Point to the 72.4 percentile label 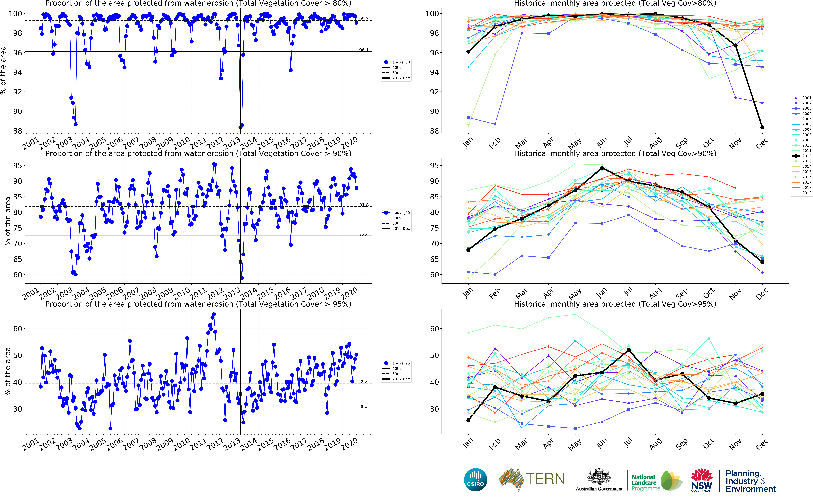coord(364,234)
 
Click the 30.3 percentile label coord(364,406)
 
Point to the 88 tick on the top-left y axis coord(17,131)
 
